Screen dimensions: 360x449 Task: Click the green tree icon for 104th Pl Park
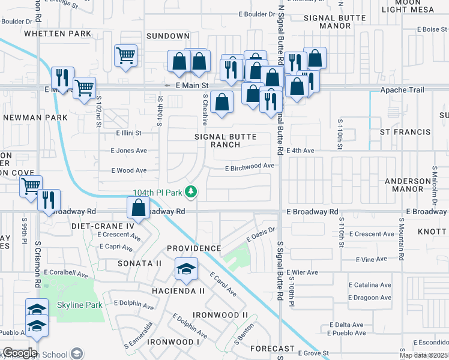pos(191,192)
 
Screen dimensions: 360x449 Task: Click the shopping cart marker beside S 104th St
pos(125,56)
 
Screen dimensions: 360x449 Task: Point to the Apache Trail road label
pos(402,90)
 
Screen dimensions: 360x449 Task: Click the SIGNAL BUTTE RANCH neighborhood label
pos(226,140)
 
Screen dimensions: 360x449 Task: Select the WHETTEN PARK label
pos(53,34)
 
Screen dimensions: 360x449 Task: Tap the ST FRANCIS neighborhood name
pos(405,131)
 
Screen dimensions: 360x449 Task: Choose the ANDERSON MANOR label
pos(404,183)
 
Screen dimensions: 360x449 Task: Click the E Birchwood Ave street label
pos(250,167)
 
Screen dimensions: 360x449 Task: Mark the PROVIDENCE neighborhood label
pos(194,248)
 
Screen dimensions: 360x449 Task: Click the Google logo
pos(20,352)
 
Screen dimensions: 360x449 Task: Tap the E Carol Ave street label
pos(223,284)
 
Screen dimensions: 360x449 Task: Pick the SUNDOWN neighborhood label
pos(168,36)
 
